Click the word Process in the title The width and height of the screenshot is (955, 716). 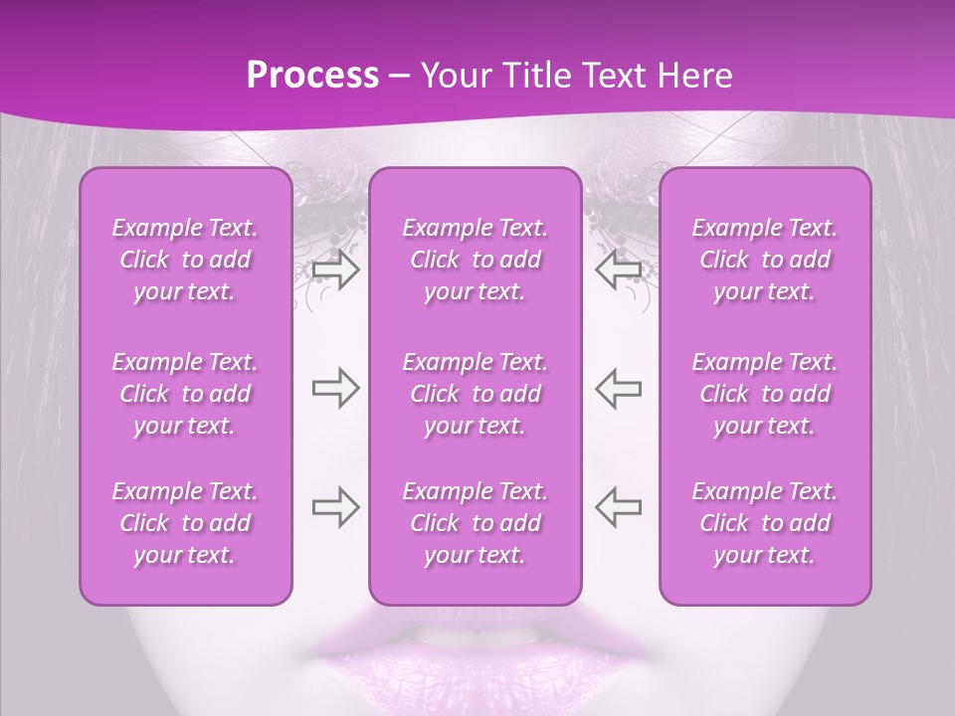(x=312, y=76)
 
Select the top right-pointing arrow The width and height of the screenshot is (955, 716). (x=335, y=270)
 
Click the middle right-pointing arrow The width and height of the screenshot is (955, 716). (x=335, y=388)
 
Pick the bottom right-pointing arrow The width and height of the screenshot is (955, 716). (x=335, y=507)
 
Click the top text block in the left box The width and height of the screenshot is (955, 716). (x=185, y=260)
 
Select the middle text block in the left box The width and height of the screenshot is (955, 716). (x=185, y=394)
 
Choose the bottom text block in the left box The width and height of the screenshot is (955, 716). (x=185, y=523)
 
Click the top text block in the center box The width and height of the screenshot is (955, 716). (x=476, y=260)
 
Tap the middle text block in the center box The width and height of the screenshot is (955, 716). (x=476, y=394)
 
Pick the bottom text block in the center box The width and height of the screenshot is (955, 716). (x=476, y=523)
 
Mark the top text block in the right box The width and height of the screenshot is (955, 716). (x=765, y=260)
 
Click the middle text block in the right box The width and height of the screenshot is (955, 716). (x=765, y=394)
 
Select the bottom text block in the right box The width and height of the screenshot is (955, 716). (x=765, y=523)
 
